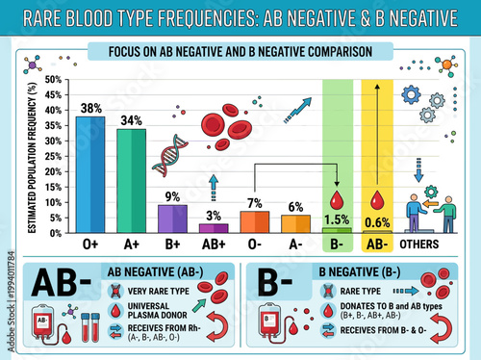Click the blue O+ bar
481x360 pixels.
90,174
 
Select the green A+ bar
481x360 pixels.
131,181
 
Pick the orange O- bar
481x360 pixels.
254,221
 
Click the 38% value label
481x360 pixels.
90,109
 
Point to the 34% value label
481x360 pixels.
131,121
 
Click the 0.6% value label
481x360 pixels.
376,222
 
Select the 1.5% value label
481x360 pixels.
335,219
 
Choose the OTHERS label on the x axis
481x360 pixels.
418,244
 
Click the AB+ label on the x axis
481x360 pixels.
213,244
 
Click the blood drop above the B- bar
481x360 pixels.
335,200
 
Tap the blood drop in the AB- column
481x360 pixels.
376,200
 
